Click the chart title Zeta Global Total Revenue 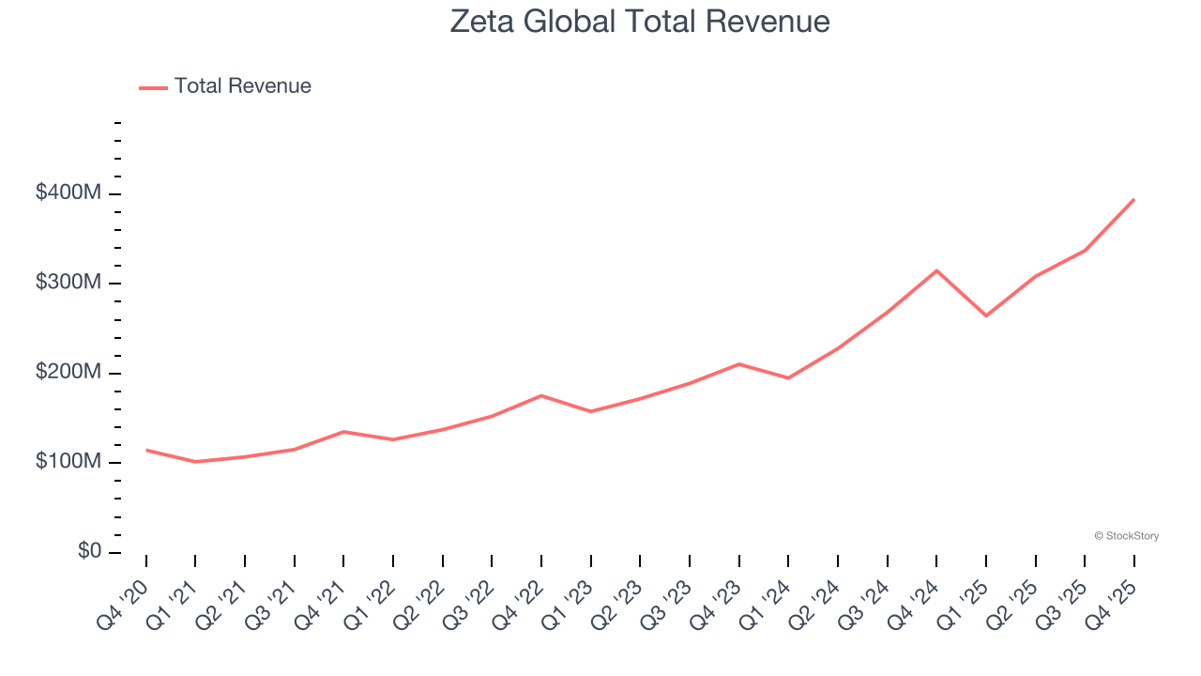(639, 22)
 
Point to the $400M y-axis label (68, 193)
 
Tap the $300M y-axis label (68, 283)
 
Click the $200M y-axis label (68, 373)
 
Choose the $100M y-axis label (68, 462)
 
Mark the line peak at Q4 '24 (936, 270)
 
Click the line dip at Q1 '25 (986, 315)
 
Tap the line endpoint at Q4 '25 (1133, 200)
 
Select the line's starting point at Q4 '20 (146, 450)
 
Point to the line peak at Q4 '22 (541, 395)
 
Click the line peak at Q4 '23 (739, 364)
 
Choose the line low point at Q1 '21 (195, 462)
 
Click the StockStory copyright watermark (1126, 536)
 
